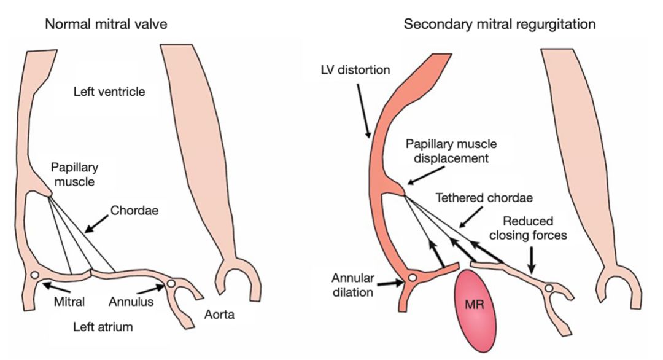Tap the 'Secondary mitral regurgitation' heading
pos(499,25)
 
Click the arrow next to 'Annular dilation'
pos(390,283)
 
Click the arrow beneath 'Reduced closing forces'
pos(532,259)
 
